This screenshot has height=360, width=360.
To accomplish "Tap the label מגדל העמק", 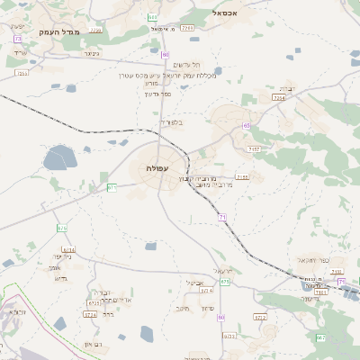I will [x=60, y=31].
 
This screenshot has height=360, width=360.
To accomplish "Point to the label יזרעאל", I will [x=223, y=271].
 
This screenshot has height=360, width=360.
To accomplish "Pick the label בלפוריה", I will [x=170, y=121].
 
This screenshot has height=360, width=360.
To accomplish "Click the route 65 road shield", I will [x=246, y=125].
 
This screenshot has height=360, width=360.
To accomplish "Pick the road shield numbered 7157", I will [x=255, y=148].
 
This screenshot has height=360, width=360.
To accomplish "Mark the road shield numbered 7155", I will [x=241, y=177].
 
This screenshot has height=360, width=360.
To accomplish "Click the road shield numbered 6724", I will [x=90, y=315].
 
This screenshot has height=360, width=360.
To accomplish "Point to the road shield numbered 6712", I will [x=260, y=317].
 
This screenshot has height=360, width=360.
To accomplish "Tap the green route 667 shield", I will [x=320, y=337].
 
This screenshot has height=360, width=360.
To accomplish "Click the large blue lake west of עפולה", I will [x=59, y=157].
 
